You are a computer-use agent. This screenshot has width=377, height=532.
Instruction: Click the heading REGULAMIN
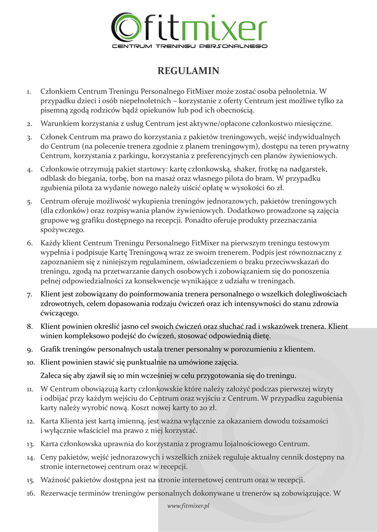click(x=188, y=71)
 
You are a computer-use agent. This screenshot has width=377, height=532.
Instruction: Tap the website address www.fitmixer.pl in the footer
click(x=188, y=506)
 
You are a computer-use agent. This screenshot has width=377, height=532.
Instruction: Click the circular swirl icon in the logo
click(x=125, y=26)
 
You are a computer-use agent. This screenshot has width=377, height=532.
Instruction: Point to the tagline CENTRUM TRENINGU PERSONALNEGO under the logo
click(x=190, y=46)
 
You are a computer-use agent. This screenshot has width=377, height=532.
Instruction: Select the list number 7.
click(x=30, y=295)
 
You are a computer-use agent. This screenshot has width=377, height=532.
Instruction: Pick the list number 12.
click(x=30, y=420)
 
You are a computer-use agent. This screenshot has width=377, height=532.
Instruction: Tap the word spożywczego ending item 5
click(x=62, y=229)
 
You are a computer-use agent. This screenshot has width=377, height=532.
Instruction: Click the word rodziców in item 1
click(x=118, y=110)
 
